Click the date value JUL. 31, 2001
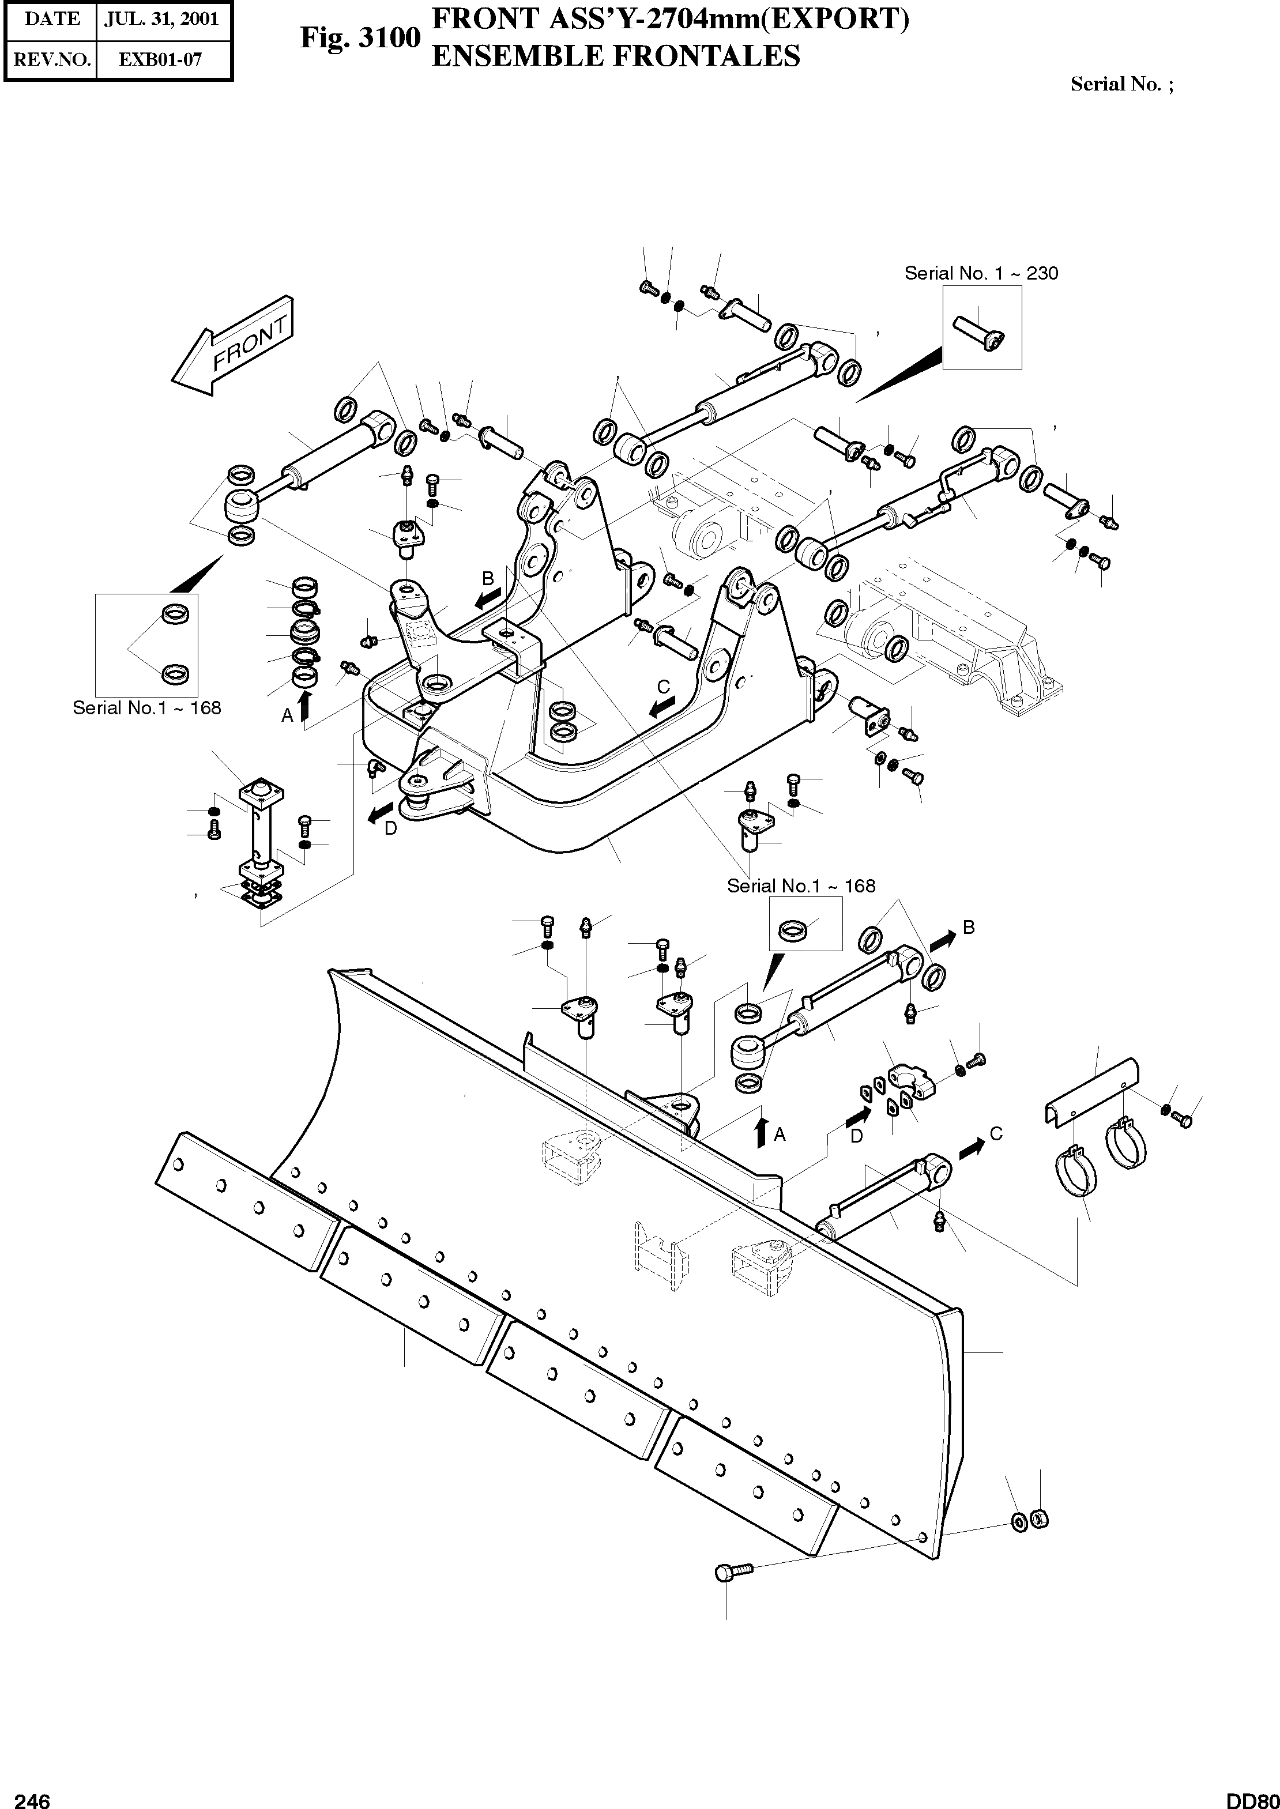(163, 19)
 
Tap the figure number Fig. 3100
(360, 38)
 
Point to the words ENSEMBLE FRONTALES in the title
(616, 56)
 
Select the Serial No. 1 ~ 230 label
(981, 273)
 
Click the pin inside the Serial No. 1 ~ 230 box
(980, 331)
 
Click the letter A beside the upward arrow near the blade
(780, 1135)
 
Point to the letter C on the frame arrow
(664, 687)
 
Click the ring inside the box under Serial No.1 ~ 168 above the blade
(791, 931)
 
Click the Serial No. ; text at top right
(1121, 84)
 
